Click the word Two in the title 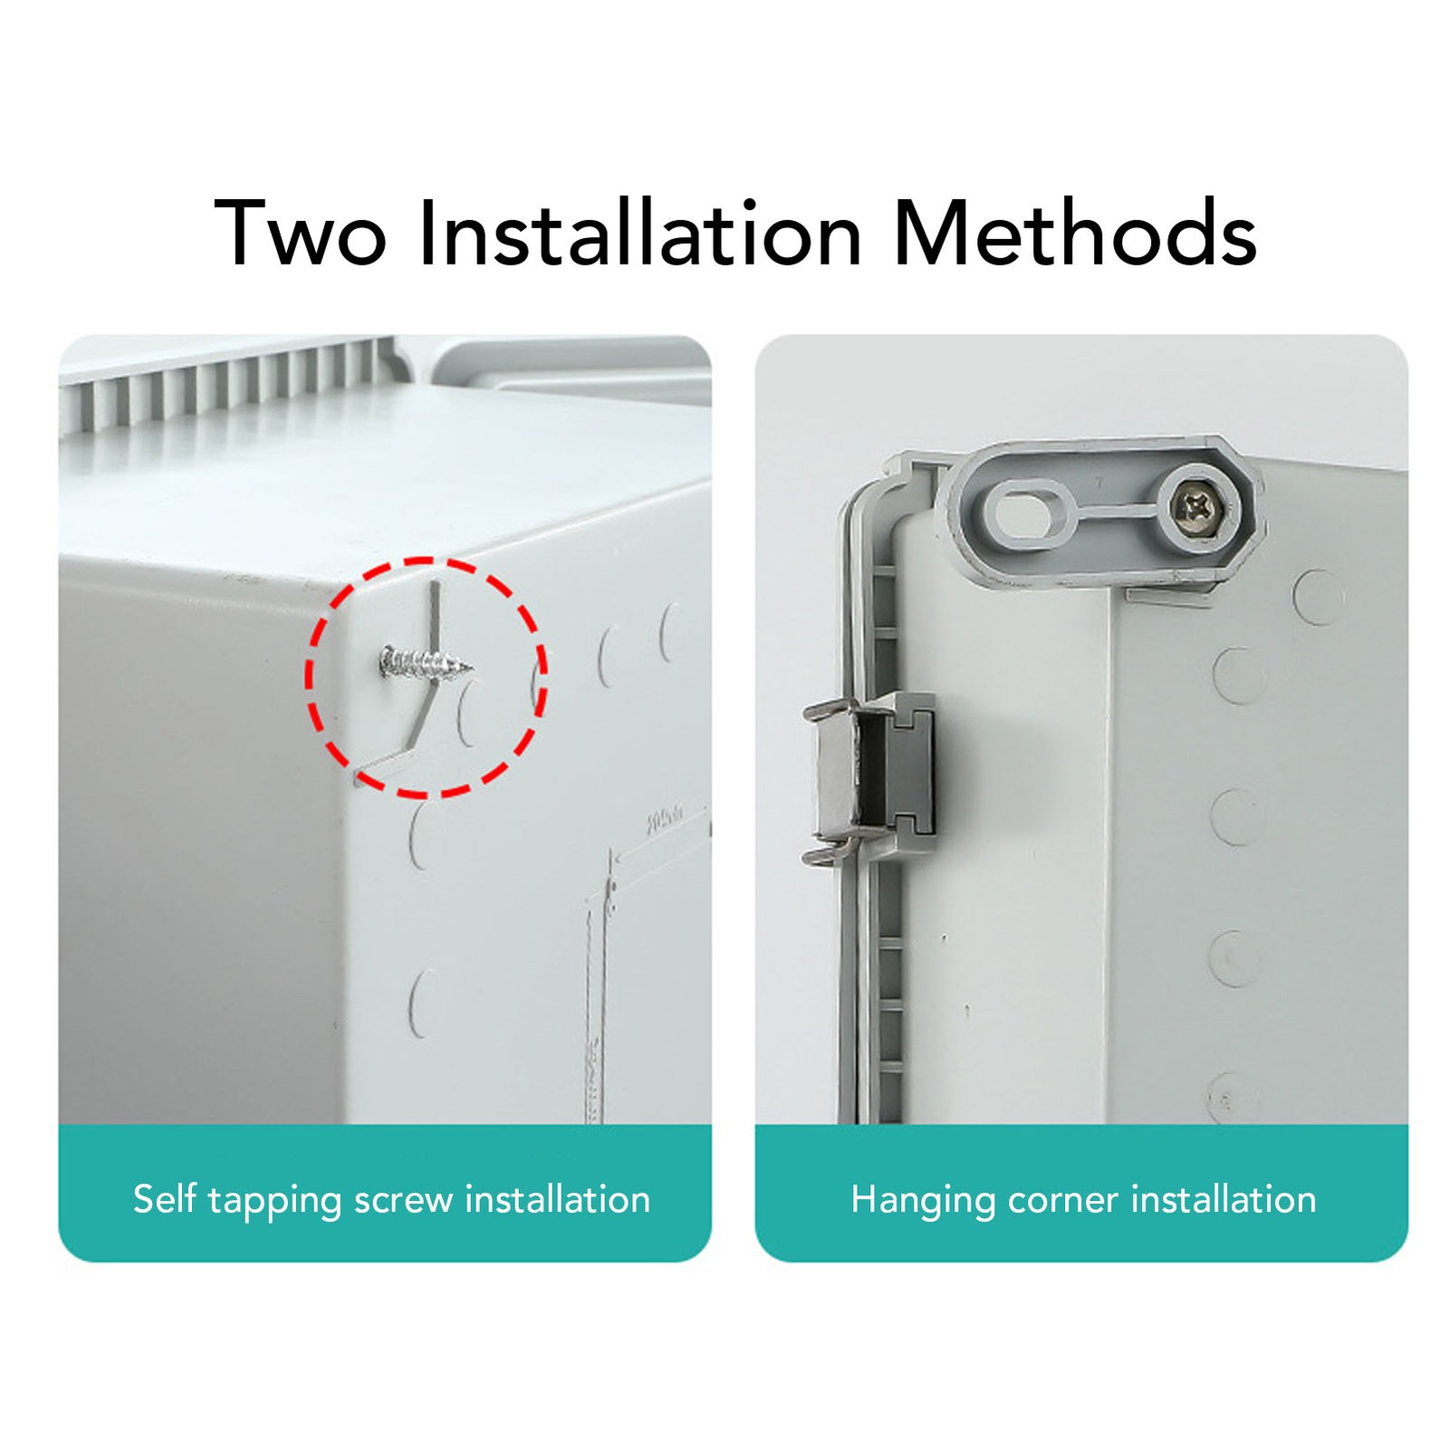pos(301,234)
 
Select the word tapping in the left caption pos(274,1202)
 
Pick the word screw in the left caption pos(404,1201)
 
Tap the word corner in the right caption pos(1063,1201)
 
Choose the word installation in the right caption pos(1223,1199)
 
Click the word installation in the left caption pos(558,1199)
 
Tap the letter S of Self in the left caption pos(145,1199)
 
